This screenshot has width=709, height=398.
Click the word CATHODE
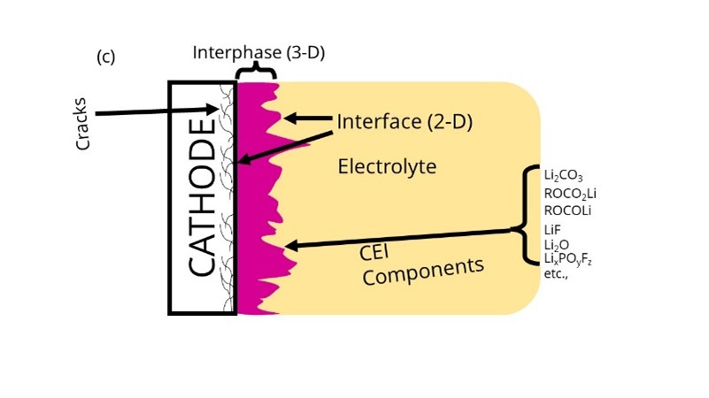[203, 199]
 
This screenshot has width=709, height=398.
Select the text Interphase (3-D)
[259, 52]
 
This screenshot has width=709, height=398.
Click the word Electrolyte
[388, 165]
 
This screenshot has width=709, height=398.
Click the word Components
[425, 270]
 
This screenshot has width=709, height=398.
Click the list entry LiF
[553, 229]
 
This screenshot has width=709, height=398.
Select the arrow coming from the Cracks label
[155, 112]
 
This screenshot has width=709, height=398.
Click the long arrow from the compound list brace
[398, 239]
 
